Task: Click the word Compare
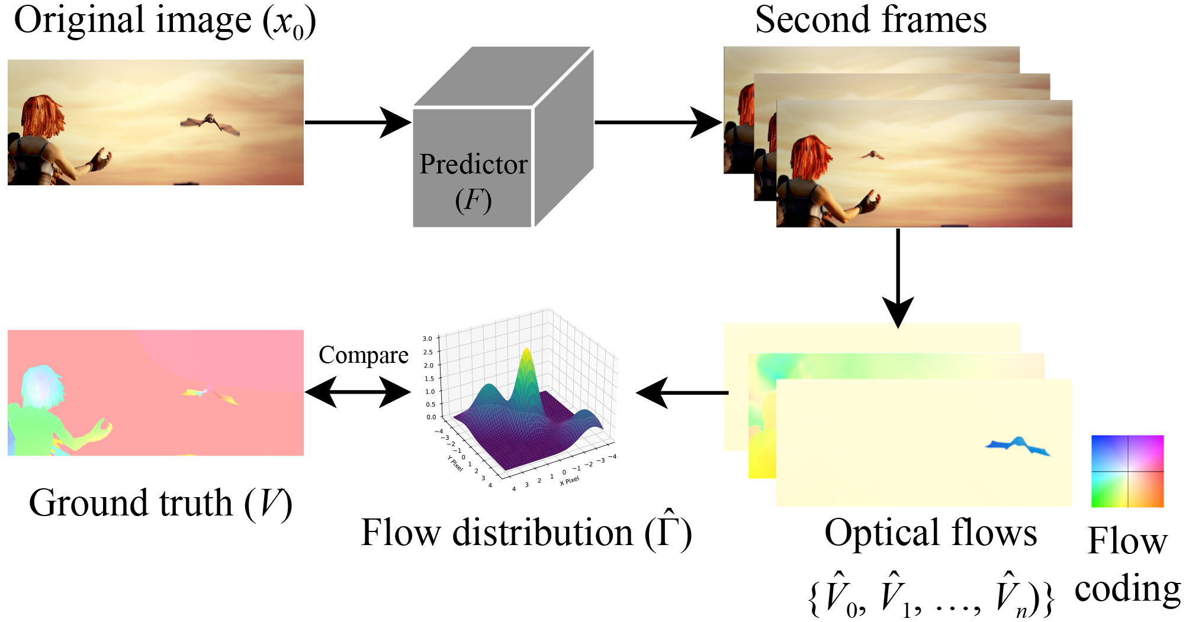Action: click(363, 355)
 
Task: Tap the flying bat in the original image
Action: click(211, 123)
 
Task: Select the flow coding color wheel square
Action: click(1127, 471)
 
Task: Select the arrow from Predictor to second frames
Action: click(657, 123)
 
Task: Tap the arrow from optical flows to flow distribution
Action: click(681, 392)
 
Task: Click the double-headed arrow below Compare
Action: click(358, 392)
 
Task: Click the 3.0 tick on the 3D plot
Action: click(428, 339)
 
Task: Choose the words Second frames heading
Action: click(870, 20)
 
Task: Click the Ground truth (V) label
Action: click(160, 503)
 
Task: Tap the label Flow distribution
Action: click(526, 533)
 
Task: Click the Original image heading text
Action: click(165, 21)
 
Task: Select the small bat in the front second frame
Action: click(872, 155)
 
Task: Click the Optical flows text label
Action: click(930, 533)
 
